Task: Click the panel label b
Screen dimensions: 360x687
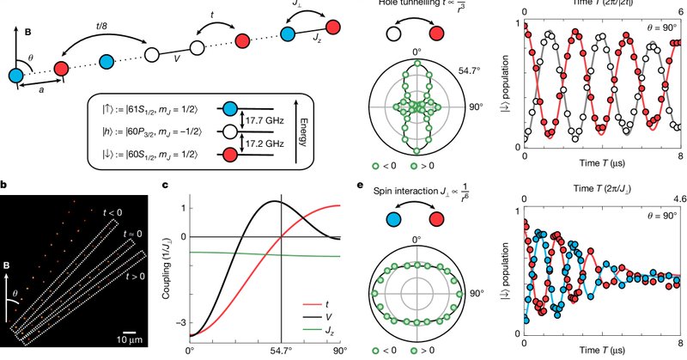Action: tap(5, 184)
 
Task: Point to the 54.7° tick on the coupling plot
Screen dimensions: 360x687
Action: tap(282, 351)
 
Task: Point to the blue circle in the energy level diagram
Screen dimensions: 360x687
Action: tap(232, 110)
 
